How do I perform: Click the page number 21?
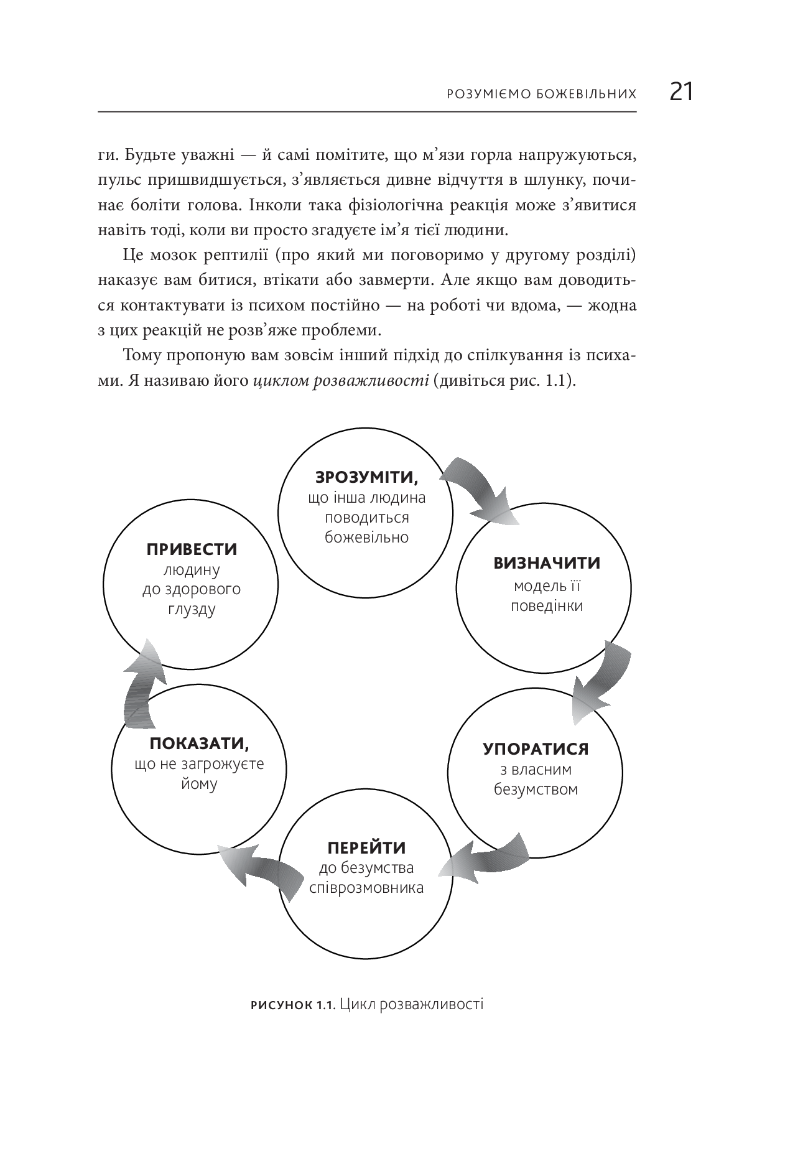(x=681, y=92)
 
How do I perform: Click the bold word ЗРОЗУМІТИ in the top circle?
(x=366, y=477)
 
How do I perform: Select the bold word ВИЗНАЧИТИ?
(x=547, y=564)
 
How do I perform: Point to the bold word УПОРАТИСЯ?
(x=536, y=748)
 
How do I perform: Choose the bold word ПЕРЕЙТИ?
(x=366, y=848)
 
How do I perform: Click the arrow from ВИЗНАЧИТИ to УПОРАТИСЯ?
(x=600, y=680)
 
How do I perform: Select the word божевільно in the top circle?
(x=366, y=538)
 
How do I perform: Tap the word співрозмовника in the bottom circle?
(x=366, y=887)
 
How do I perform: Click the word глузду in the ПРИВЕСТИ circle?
(x=192, y=608)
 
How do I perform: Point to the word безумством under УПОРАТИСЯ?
(x=536, y=790)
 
